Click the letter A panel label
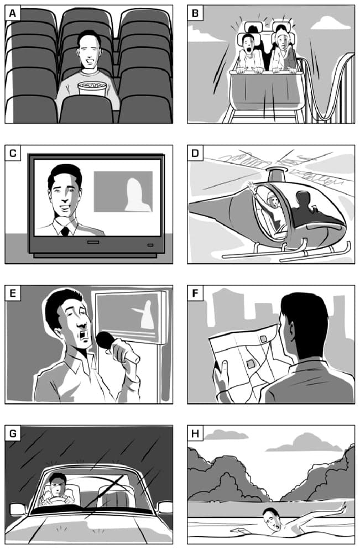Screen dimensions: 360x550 (13, 13)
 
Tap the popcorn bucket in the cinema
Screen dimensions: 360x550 (92, 89)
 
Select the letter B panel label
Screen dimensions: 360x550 (195, 13)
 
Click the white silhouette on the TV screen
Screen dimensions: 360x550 (138, 195)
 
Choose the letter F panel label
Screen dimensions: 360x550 (195, 293)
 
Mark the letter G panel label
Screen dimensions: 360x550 (13, 433)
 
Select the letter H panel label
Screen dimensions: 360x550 (195, 433)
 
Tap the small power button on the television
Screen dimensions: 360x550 (150, 245)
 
